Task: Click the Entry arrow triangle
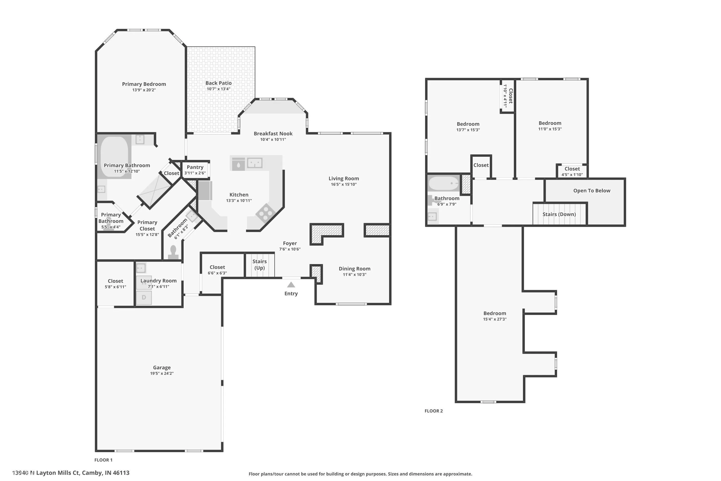[291, 285]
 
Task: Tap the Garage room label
[162, 367]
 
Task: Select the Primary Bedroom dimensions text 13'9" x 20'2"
[144, 90]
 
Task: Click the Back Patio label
[218, 83]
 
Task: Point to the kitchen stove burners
[266, 213]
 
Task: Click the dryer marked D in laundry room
[144, 297]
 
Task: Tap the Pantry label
[195, 167]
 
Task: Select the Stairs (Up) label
[260, 264]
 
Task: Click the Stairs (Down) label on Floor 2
[559, 214]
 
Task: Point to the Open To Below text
[592, 190]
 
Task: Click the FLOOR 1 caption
[103, 460]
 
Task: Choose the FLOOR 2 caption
[434, 411]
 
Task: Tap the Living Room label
[344, 178]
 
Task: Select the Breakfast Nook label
[273, 133]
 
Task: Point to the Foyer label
[290, 243]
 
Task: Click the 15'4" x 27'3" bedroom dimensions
[495, 319]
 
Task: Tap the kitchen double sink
[255, 163]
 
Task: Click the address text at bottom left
[71, 473]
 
